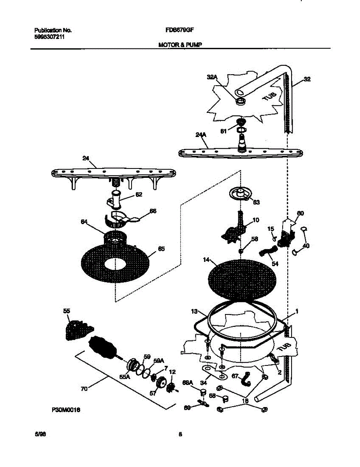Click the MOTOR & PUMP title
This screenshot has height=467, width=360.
point(180,45)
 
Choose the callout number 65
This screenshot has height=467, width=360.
point(161,249)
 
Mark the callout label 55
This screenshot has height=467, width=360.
point(67,311)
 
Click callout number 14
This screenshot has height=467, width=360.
point(206,259)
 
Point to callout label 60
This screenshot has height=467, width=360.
point(300,213)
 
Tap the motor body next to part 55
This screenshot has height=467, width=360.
point(103,347)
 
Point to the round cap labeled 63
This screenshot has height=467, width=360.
point(239,193)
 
